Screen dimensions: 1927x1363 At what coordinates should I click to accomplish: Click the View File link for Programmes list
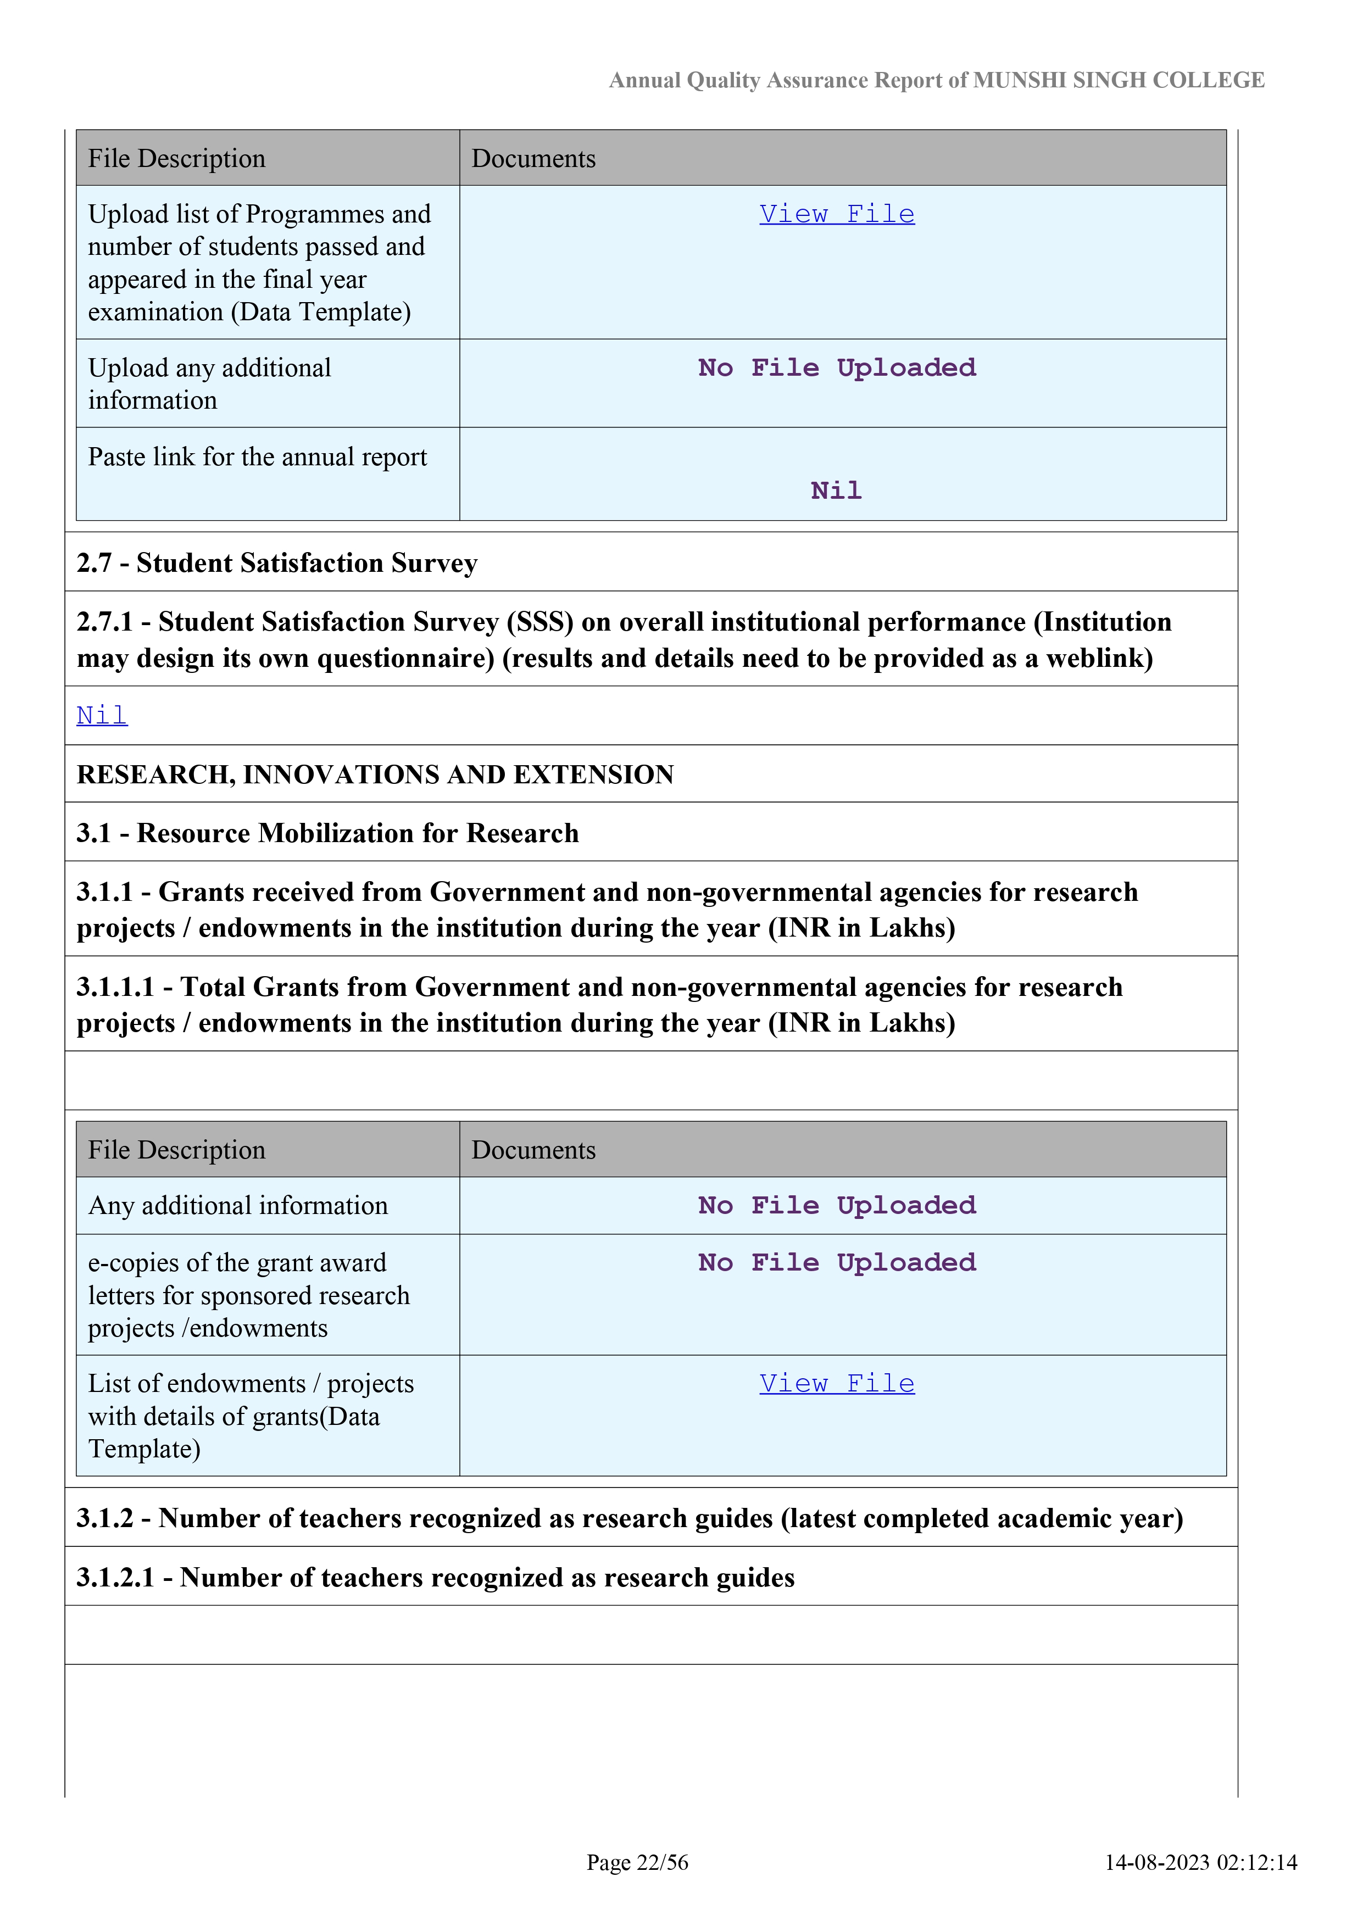(836, 214)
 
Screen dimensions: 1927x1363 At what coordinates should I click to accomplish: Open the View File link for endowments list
(836, 1383)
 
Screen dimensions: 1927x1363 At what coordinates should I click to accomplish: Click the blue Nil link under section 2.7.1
(102, 715)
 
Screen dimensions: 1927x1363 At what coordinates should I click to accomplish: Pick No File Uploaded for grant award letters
(836, 1262)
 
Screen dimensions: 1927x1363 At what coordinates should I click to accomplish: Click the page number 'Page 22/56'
(637, 1862)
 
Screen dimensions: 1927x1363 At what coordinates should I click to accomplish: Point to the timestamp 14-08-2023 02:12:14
(1200, 1862)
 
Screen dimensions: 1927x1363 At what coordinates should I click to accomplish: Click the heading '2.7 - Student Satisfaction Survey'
(277, 562)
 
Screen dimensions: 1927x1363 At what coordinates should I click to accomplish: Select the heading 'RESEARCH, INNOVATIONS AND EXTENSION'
(375, 774)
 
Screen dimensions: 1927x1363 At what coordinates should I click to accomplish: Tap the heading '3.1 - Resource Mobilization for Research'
(327, 833)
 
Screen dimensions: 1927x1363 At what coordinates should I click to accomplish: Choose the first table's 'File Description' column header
(176, 159)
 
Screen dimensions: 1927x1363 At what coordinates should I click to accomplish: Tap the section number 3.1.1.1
(116, 987)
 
